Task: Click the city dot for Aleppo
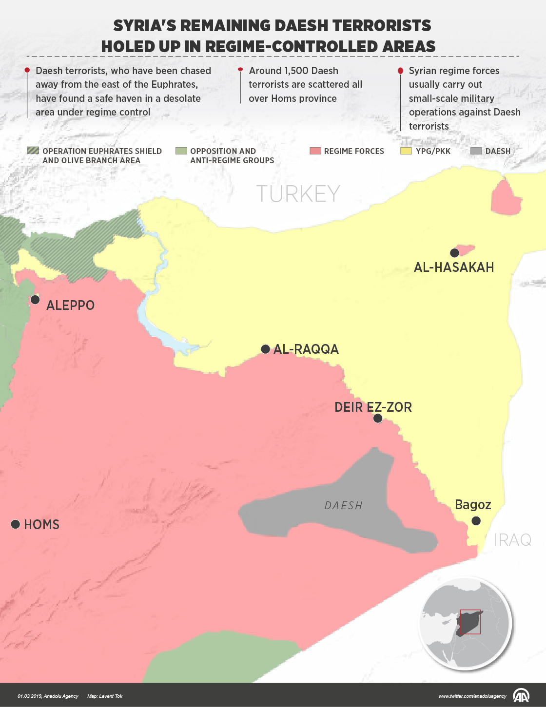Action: [x=35, y=300]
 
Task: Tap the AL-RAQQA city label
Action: [x=306, y=349]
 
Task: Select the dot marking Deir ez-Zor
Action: [x=377, y=419]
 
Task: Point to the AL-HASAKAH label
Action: [x=453, y=268]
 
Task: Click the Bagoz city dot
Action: [x=476, y=521]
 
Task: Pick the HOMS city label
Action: [x=41, y=525]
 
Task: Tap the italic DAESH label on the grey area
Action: [x=344, y=506]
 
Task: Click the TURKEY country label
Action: [x=298, y=194]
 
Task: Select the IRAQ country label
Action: [x=512, y=540]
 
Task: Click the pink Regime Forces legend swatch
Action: [x=315, y=151]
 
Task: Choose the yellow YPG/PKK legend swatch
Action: [x=406, y=151]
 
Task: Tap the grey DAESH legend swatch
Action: [x=476, y=151]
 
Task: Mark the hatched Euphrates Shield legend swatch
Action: [x=33, y=151]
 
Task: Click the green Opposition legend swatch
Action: [x=181, y=151]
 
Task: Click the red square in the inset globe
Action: [x=470, y=622]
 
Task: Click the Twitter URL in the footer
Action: [x=472, y=696]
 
